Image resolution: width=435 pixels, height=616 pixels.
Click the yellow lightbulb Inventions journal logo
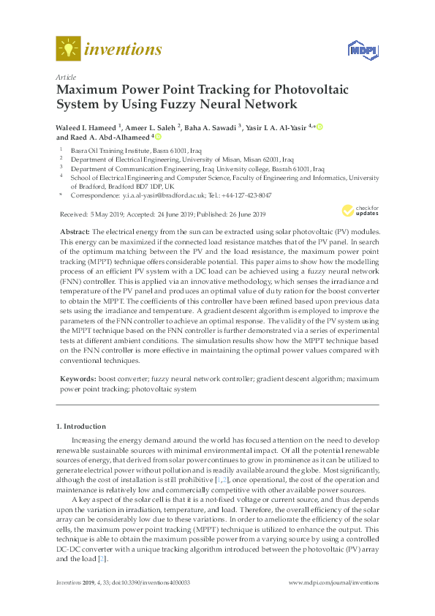(67, 49)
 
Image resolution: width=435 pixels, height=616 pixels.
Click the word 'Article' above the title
(66, 76)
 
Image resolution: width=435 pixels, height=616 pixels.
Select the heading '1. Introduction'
(81, 426)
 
